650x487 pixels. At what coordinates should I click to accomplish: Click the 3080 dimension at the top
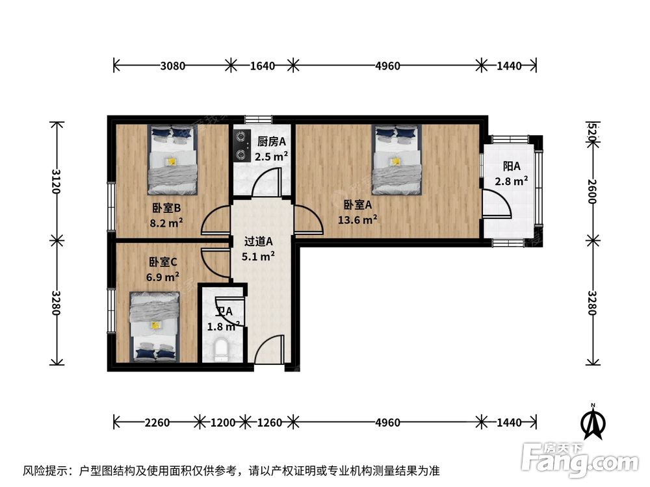pos(172,66)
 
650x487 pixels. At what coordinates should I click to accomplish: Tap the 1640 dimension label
pos(262,66)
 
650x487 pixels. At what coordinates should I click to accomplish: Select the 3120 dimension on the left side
pos(57,181)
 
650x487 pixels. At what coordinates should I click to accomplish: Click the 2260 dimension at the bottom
pos(157,423)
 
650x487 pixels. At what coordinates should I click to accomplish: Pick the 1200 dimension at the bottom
pos(223,423)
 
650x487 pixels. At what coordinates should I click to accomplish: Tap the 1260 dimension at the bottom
pos(270,423)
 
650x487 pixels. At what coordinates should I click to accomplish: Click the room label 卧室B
pos(166,208)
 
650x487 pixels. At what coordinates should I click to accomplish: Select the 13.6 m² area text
pos(357,219)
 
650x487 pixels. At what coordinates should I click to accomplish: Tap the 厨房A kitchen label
pos(272,142)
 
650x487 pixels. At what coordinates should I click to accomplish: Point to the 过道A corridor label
pos(258,241)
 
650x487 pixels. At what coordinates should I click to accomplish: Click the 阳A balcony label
pos(511,166)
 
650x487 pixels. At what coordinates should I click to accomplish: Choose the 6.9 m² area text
pos(162,276)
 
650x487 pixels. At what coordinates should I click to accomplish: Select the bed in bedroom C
pos(155,327)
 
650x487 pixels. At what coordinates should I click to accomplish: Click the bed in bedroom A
pos(396,160)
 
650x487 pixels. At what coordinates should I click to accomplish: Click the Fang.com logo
pos(580,460)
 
